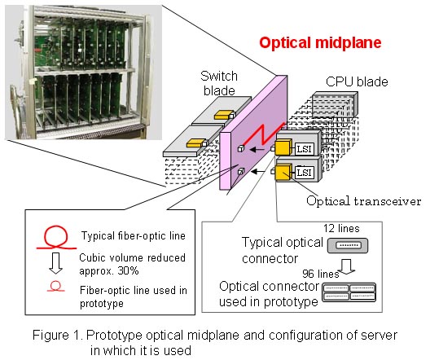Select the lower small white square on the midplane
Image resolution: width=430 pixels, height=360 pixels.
pos(241,171)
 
